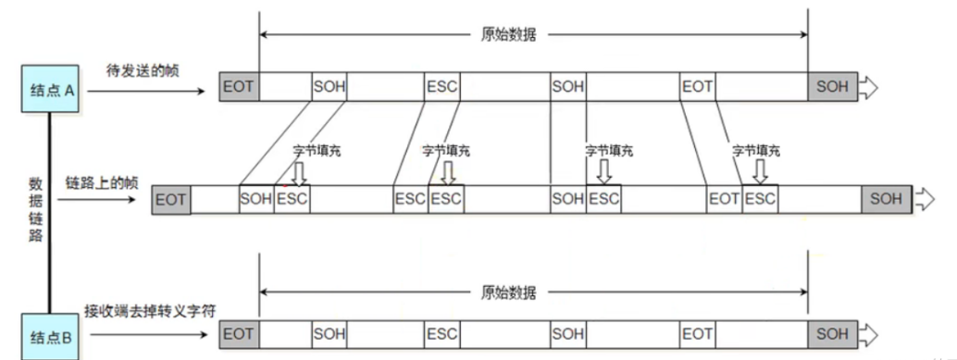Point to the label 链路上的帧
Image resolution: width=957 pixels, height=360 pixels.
point(102,182)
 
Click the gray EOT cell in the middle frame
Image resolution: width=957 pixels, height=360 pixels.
point(171,199)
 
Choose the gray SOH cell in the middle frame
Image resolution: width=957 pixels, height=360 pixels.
point(886,199)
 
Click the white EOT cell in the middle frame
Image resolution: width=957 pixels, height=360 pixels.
point(724,199)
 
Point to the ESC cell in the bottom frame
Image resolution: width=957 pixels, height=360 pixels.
point(441,333)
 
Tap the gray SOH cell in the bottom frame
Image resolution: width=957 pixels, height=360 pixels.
point(831,333)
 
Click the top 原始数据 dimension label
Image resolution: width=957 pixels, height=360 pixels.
point(508,35)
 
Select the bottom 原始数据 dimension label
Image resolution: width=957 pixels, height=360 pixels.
point(508,292)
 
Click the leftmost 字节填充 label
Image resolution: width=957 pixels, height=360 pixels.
point(317,149)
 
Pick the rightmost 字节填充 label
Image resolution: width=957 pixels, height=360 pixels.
point(756,149)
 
